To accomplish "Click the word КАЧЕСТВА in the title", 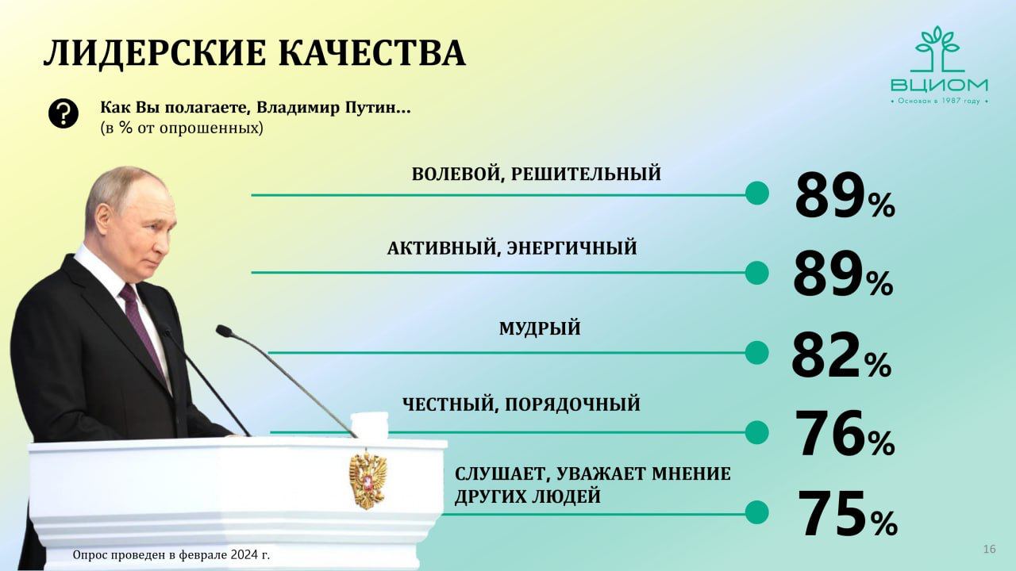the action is pos(372,54).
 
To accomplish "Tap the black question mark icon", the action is pos(63,113).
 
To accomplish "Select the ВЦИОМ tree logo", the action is pos(939,65).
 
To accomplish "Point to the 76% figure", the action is pos(845,433).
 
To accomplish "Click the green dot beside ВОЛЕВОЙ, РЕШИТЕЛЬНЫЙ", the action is pos(757,193).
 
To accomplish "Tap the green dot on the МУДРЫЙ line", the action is pos(757,353).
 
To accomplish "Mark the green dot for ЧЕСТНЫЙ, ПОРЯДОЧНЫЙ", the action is pos(757,432).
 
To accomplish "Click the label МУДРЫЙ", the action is pos(540,328).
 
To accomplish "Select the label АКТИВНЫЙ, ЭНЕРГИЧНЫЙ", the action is pos(512,248).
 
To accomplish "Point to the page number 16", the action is pos(989,550).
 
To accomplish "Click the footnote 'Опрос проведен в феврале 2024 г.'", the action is pos(171,554).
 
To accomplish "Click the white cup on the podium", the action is pos(369,426).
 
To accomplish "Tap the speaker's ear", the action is pos(104,217).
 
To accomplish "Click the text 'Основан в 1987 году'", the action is pos(939,101).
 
